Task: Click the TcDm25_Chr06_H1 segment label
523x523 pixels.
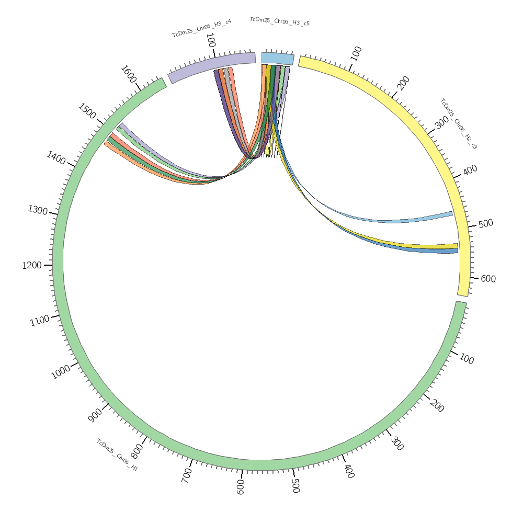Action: tap(117, 455)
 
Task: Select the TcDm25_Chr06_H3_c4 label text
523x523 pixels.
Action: tap(201, 28)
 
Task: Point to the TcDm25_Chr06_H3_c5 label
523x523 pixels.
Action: tap(279, 21)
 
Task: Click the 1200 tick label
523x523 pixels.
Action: tap(31, 265)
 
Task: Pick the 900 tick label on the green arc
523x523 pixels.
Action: tap(96, 415)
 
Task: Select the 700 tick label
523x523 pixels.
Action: tap(187, 475)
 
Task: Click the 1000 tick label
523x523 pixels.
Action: tap(61, 372)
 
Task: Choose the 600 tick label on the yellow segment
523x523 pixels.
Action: tap(488, 279)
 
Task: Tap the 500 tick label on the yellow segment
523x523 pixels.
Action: tap(486, 223)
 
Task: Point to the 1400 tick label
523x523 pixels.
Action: tap(56, 157)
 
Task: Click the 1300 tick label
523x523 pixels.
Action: tap(38, 210)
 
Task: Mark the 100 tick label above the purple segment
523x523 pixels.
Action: tap(211, 40)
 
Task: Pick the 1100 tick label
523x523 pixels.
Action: tap(40, 320)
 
